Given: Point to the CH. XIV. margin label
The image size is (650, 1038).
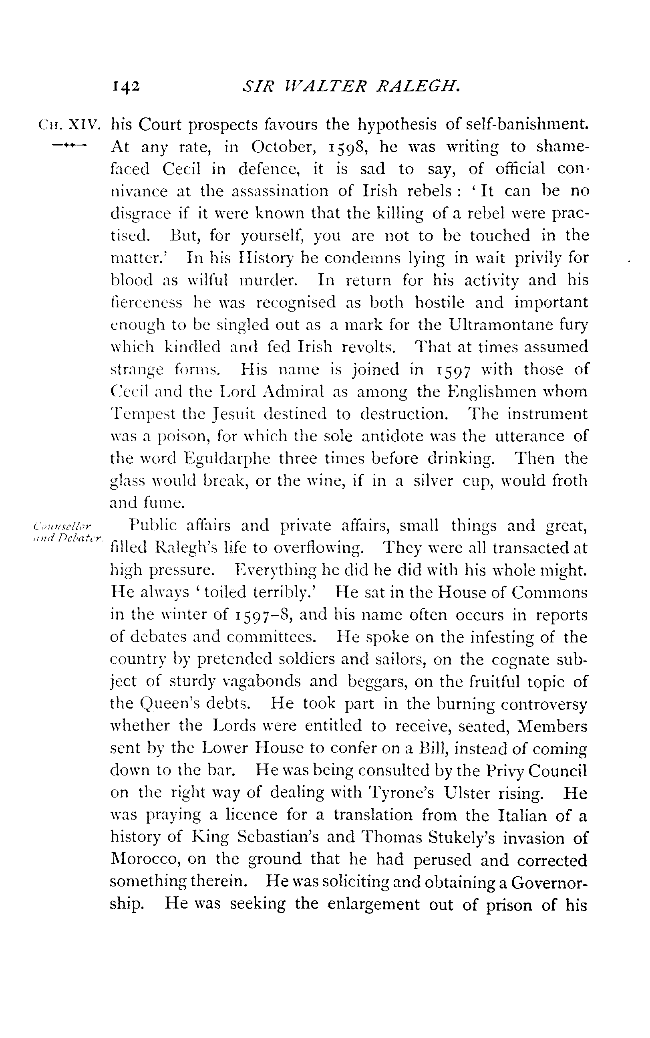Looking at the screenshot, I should pyautogui.click(x=70, y=125).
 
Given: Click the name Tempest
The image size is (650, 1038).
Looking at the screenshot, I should pyautogui.click(x=142, y=414).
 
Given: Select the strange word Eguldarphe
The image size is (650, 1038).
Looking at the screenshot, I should pyautogui.click(x=227, y=458).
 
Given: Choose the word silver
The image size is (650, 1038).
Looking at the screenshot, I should pyautogui.click(x=433, y=481).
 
